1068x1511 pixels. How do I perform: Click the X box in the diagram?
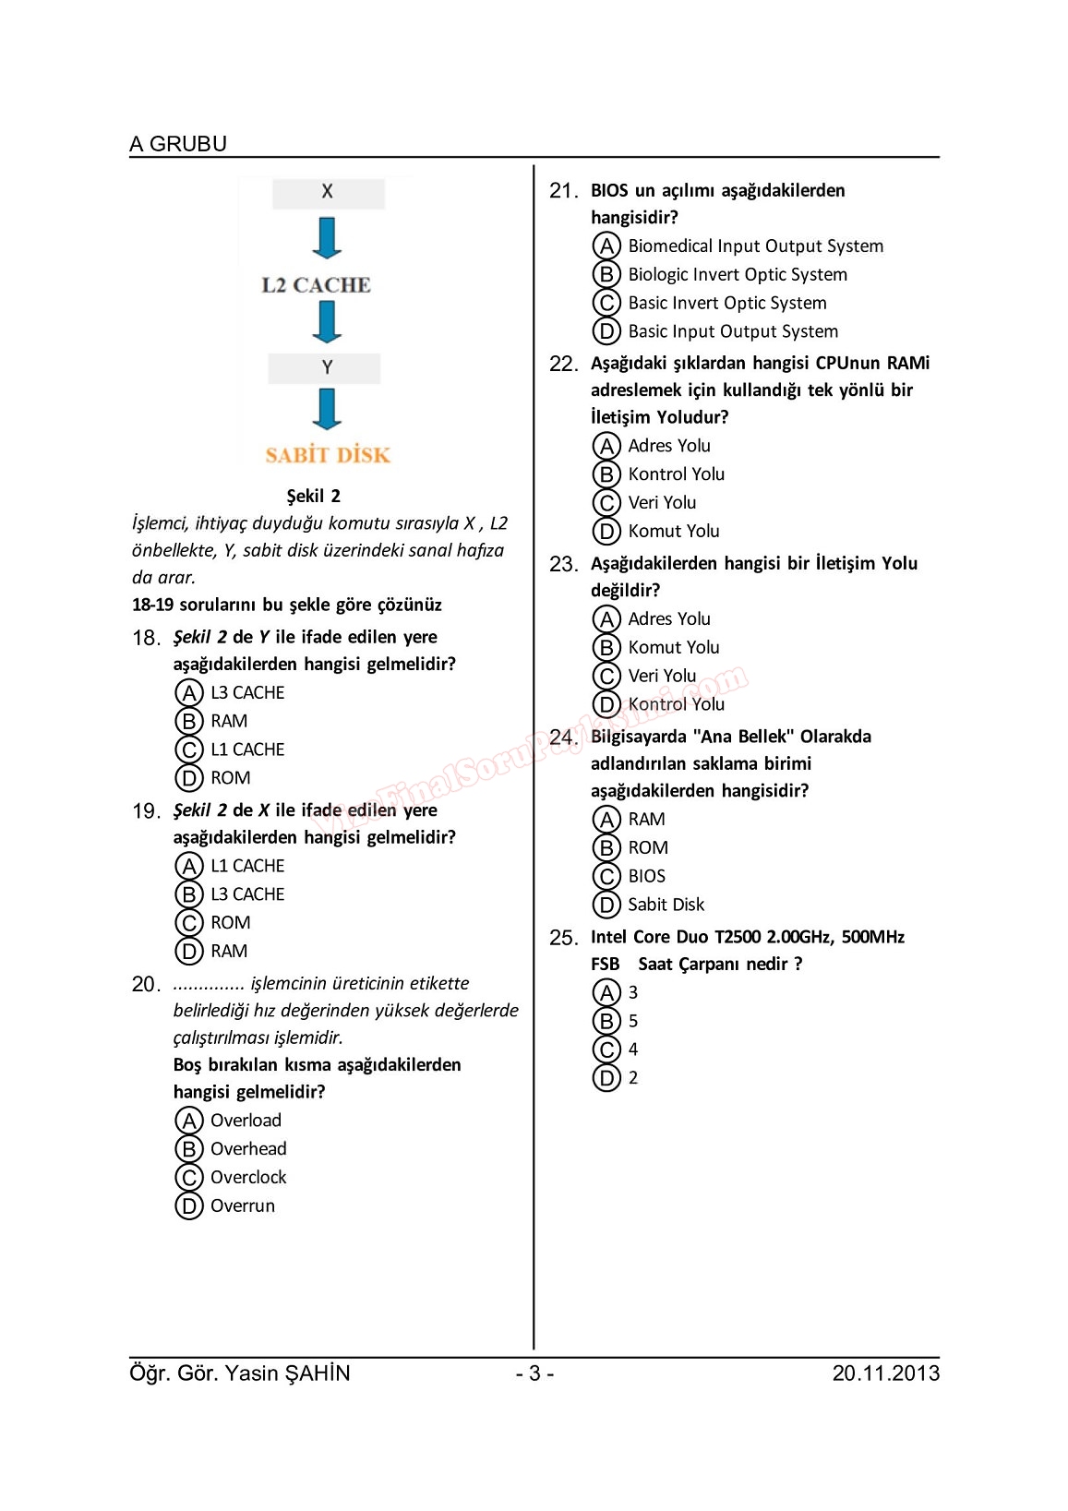[328, 193]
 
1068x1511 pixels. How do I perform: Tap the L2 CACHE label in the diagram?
[316, 285]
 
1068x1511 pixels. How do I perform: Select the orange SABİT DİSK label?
[328, 455]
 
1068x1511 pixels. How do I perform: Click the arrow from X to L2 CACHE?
[327, 238]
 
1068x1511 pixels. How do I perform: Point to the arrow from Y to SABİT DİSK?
[327, 409]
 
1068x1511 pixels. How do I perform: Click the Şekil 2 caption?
[313, 496]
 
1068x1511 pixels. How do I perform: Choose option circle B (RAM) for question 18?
[188, 721]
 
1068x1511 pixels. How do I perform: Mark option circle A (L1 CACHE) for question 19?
[188, 866]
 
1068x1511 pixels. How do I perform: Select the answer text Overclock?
[248, 1177]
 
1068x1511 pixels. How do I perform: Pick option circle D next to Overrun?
[188, 1205]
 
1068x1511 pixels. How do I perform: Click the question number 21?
[563, 191]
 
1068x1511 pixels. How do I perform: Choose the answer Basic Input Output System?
[733, 331]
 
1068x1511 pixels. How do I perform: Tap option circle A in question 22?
[606, 446]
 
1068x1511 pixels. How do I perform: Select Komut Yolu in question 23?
[674, 647]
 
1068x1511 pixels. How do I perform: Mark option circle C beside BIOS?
[606, 876]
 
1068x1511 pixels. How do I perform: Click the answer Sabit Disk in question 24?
[666, 905]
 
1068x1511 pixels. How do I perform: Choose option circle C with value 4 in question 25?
[606, 1049]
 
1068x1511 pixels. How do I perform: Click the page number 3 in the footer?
[534, 1373]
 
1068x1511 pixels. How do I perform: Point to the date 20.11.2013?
[885, 1373]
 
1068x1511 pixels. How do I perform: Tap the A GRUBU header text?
[178, 144]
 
